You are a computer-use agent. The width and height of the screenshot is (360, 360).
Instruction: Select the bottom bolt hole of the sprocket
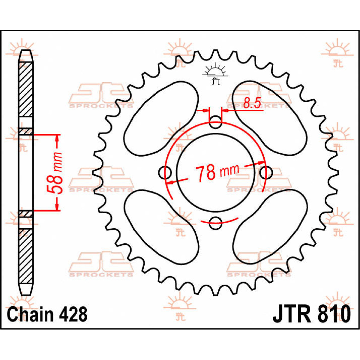[215, 223]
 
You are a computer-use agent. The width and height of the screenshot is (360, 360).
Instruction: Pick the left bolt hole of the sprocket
[165, 172]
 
